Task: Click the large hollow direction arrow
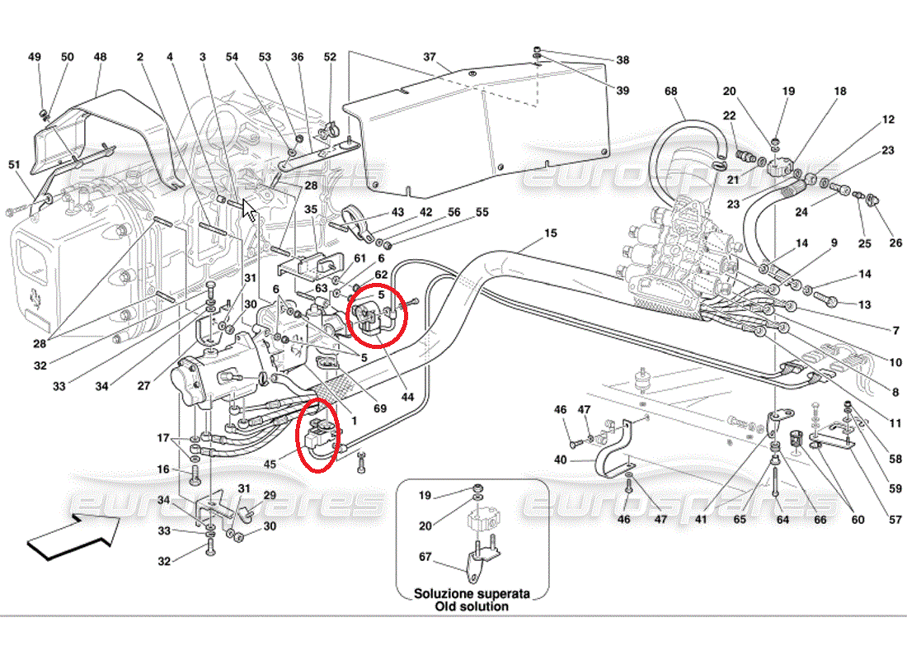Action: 73,537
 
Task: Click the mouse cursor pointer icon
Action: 249,210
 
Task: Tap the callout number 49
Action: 35,57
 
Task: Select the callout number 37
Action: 430,57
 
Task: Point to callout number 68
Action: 670,91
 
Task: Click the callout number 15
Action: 550,233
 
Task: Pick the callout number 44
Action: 408,397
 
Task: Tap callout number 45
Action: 270,464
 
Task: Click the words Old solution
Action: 472,606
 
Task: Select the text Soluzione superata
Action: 472,593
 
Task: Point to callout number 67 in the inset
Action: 425,556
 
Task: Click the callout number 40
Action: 560,460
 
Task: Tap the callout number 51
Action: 14,164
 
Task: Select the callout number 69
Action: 379,408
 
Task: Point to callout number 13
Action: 864,304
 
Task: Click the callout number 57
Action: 895,519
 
